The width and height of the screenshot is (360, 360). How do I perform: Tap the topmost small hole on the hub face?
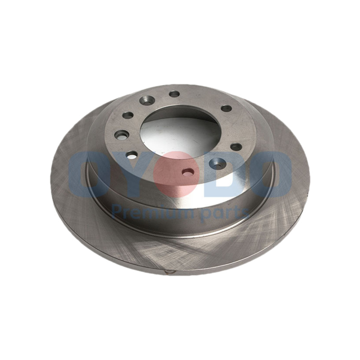174,94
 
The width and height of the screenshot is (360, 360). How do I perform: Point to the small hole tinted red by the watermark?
188,172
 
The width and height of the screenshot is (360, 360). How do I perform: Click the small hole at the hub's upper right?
226,108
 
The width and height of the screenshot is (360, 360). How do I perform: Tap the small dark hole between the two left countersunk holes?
128,115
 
